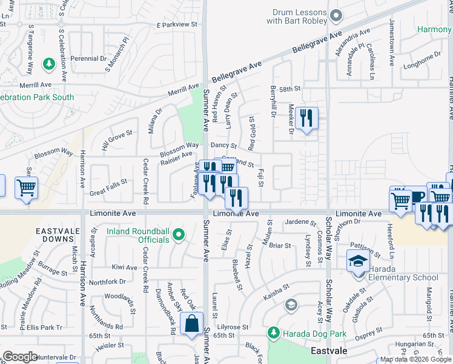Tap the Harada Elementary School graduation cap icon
coord(358,261)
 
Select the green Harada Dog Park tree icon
coord(273,332)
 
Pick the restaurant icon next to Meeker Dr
coord(307,118)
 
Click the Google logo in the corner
coord(20,356)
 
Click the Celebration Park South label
coord(38,97)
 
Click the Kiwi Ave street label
coord(124,267)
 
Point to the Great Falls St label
coord(108,181)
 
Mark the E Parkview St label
coord(177,25)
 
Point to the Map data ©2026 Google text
coord(414,359)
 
